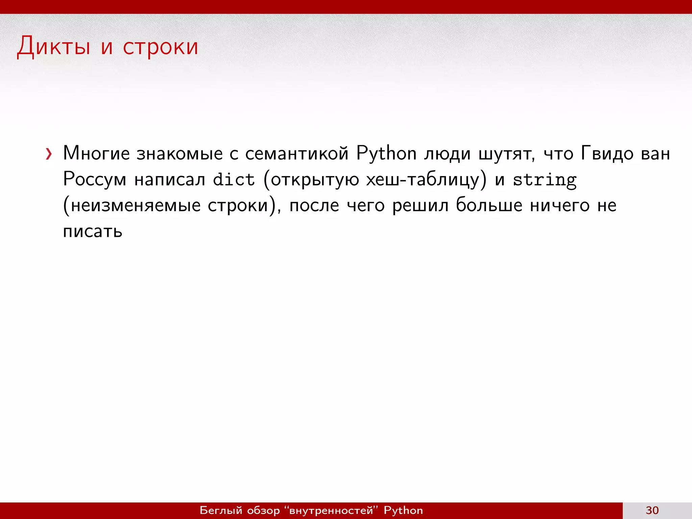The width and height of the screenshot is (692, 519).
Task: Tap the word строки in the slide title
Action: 160,47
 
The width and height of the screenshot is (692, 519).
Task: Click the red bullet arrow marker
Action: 49,154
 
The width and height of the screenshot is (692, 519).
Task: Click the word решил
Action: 420,205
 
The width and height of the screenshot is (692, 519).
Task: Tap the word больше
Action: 489,205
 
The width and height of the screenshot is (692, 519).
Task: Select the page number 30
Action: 652,510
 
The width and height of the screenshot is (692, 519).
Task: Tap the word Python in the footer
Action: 403,510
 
